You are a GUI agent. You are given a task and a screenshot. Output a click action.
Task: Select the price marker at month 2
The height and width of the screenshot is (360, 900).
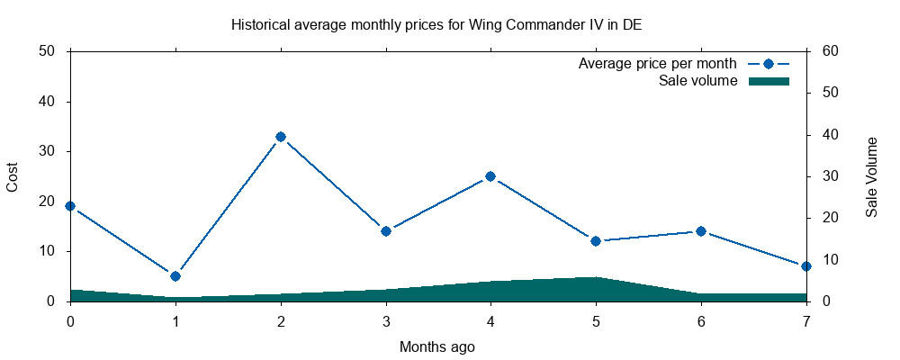pyautogui.click(x=281, y=137)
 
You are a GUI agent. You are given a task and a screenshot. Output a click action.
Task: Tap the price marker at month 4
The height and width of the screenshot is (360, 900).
pyautogui.click(x=490, y=176)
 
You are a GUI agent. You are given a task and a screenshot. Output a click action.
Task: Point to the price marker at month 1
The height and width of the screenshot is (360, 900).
pyautogui.click(x=175, y=276)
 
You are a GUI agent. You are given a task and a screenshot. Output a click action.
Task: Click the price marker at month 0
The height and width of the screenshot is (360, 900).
pyautogui.click(x=70, y=206)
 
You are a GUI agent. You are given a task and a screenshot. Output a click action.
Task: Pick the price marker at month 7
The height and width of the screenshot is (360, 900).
pyautogui.click(x=806, y=266)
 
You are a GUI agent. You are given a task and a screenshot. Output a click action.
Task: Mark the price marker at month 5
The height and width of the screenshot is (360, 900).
pyautogui.click(x=596, y=241)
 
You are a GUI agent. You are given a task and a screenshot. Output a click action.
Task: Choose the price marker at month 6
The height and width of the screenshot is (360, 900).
pyautogui.click(x=701, y=231)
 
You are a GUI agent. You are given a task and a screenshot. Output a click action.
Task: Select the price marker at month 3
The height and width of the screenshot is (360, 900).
pyautogui.click(x=386, y=231)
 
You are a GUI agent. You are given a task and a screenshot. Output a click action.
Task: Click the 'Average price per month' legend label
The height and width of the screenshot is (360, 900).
pyautogui.click(x=657, y=64)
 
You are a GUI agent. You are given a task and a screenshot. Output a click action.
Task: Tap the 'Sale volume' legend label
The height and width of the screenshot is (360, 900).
pyautogui.click(x=698, y=81)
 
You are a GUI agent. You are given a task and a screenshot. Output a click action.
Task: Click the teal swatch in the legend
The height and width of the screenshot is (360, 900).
pyautogui.click(x=769, y=81)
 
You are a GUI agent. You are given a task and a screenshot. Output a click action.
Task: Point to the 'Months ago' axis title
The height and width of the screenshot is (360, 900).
pyautogui.click(x=437, y=346)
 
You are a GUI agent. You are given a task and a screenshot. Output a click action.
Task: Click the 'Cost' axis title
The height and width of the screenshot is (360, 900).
pyautogui.click(x=13, y=176)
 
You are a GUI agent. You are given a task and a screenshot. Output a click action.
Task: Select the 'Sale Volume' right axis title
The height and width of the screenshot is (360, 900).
pyautogui.click(x=871, y=177)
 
